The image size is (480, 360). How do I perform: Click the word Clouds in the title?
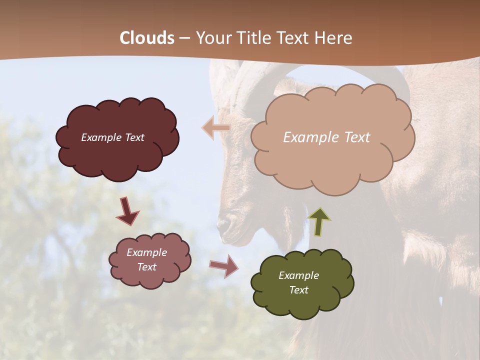pos(147,38)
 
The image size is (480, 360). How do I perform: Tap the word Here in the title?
pos(333,38)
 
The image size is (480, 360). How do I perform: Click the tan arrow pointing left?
pos(215,128)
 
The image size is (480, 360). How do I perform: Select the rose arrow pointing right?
pos(224,265)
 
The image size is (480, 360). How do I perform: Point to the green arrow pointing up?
pos(319,222)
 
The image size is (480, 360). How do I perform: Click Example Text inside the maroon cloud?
pos(112,137)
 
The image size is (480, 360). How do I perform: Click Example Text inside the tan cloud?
pos(326,137)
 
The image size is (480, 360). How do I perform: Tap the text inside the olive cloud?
pos(298,282)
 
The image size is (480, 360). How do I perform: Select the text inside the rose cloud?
pos(146,259)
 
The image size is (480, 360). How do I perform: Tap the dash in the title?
pos(184,38)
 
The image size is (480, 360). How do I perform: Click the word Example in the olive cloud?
pos(298,275)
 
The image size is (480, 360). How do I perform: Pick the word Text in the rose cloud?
pos(146,267)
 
